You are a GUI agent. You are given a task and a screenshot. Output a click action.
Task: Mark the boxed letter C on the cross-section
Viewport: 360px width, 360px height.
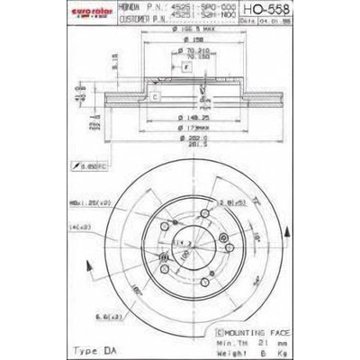[x=155, y=95]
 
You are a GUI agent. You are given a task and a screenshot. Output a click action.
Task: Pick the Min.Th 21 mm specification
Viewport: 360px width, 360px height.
[x=247, y=340]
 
